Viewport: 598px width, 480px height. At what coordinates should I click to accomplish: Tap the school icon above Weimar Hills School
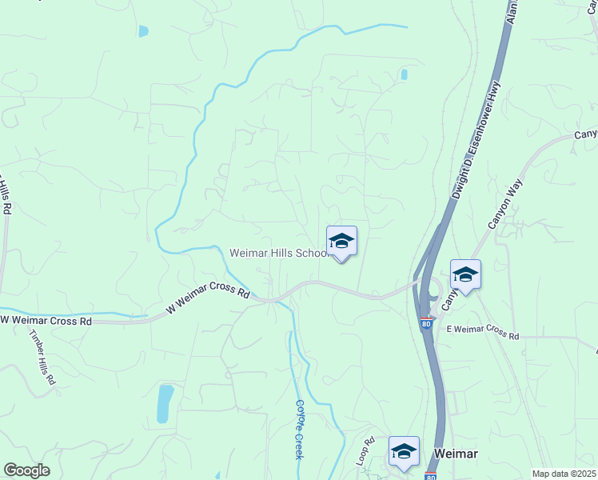point(341,242)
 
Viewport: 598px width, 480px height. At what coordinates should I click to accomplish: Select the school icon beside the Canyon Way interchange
point(465,275)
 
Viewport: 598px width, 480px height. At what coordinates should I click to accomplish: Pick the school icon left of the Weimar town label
point(404,451)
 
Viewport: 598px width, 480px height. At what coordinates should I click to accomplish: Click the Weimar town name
point(456,454)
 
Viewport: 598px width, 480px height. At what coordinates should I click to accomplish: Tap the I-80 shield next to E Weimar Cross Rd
point(427,324)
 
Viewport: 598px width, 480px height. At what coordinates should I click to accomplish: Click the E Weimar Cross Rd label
point(483,332)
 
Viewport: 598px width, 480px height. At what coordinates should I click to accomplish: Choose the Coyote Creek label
point(300,429)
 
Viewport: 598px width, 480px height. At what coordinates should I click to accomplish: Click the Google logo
point(26,470)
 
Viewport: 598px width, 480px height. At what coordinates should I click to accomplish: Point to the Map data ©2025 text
point(564,474)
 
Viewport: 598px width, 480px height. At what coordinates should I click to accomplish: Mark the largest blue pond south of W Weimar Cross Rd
point(165,403)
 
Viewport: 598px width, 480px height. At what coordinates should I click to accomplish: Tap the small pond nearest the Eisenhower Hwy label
point(404,75)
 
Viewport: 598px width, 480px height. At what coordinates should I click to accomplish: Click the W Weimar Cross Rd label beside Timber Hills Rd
point(46,320)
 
